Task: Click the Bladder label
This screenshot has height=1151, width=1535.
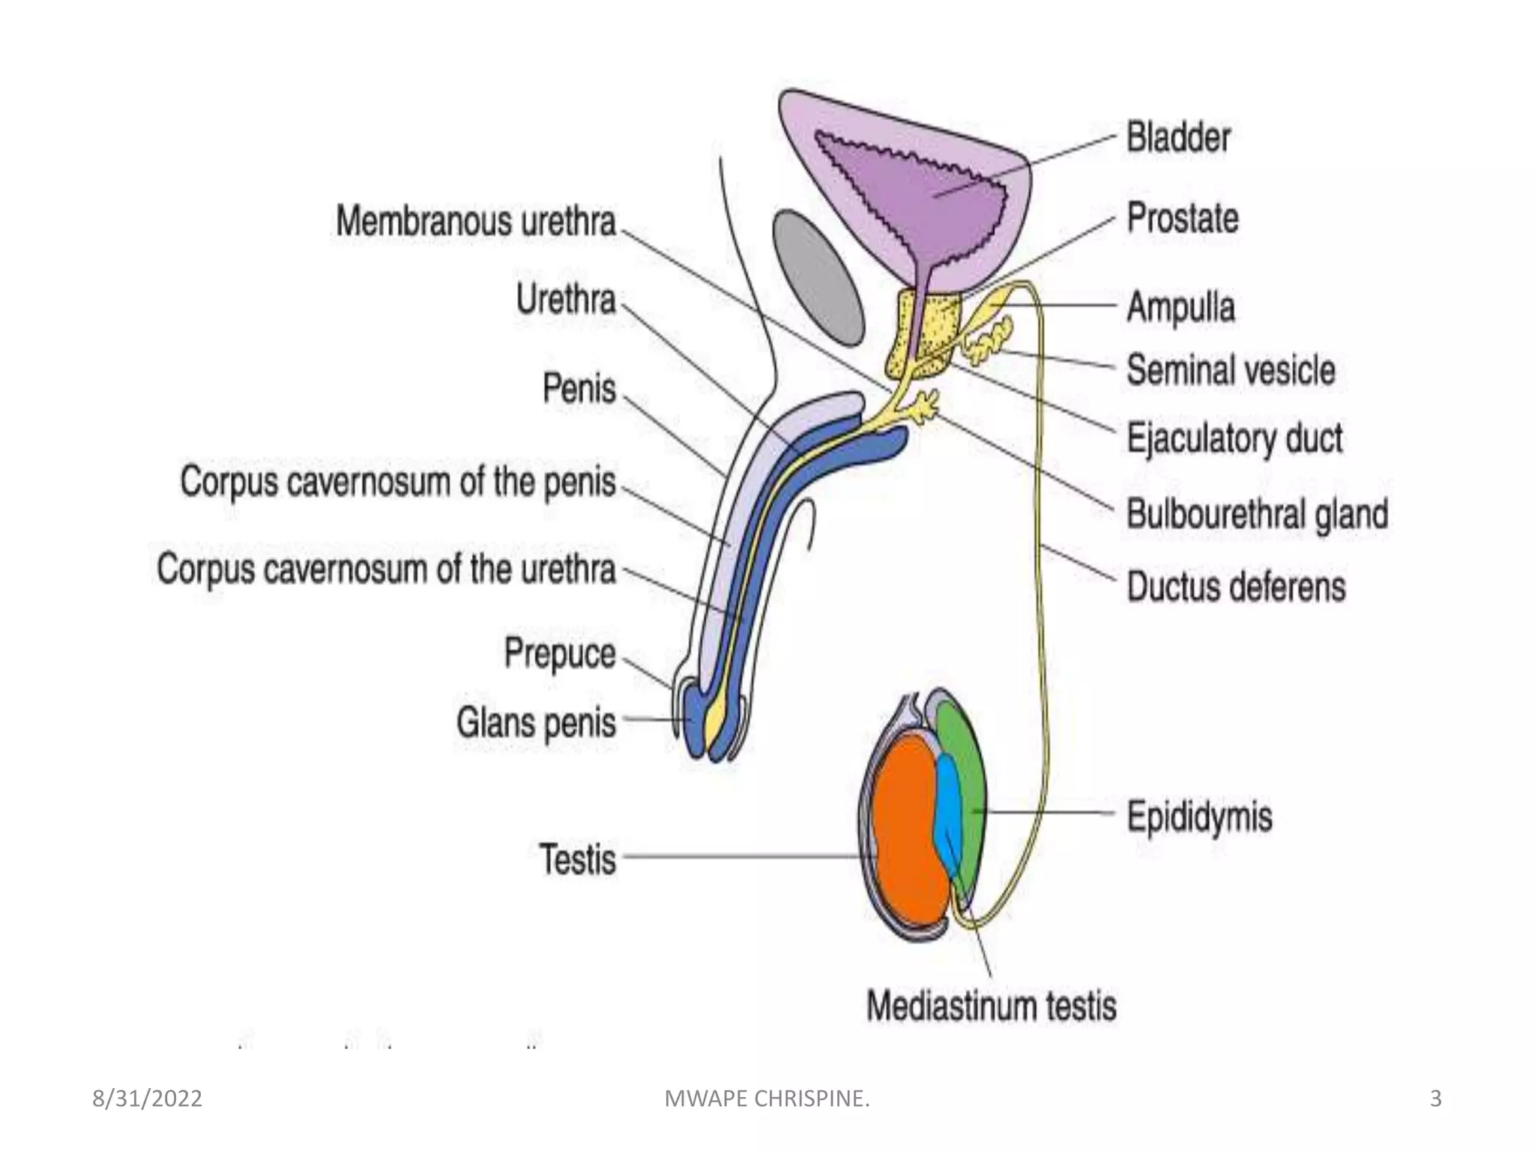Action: pyautogui.click(x=1178, y=139)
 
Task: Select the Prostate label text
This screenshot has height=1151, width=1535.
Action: pyautogui.click(x=1183, y=219)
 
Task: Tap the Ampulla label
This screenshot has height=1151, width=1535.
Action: pyautogui.click(x=1180, y=307)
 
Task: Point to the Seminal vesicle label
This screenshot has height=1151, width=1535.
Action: pyautogui.click(x=1231, y=370)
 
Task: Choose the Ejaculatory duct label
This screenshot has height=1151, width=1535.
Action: pyautogui.click(x=1234, y=438)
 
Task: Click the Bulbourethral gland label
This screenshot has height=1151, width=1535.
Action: pyautogui.click(x=1257, y=515)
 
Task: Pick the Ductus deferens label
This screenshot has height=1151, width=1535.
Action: pyautogui.click(x=1236, y=587)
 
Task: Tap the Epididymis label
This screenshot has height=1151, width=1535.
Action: pyautogui.click(x=1199, y=816)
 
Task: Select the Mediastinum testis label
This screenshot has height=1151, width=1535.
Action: pyautogui.click(x=991, y=1006)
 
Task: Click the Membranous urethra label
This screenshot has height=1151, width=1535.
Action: pyautogui.click(x=476, y=222)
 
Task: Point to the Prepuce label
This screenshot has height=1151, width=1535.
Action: pyautogui.click(x=560, y=653)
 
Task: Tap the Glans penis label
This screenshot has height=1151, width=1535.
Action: pyautogui.click(x=536, y=723)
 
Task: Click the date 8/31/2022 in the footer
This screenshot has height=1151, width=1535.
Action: pyautogui.click(x=147, y=1099)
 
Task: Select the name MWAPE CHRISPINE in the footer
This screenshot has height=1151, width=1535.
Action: pyautogui.click(x=767, y=1099)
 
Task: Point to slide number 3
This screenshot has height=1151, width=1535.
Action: pyautogui.click(x=1435, y=1099)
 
